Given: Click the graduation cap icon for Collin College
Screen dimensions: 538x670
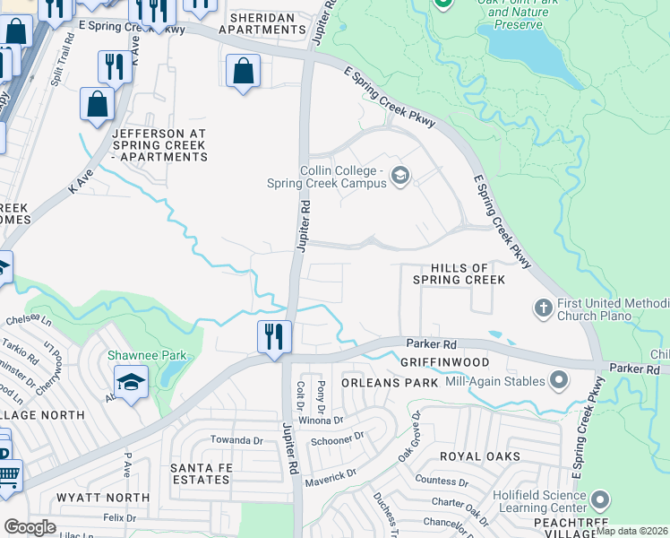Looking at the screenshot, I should [400, 176].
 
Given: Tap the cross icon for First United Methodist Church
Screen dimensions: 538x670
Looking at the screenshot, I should [543, 308].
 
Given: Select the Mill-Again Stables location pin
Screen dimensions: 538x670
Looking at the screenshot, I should [559, 381].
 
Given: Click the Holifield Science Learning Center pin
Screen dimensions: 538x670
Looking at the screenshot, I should [601, 499].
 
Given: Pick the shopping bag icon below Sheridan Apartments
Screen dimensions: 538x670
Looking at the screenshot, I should [244, 71].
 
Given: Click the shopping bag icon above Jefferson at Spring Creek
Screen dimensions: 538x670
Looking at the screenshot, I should [98, 104].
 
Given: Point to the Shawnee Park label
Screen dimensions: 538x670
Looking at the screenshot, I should [148, 355].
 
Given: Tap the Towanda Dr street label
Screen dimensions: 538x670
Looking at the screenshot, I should [236, 440].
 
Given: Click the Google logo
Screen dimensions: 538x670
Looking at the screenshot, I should [30, 527].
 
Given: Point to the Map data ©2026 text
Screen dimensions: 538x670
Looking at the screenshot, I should [631, 531].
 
